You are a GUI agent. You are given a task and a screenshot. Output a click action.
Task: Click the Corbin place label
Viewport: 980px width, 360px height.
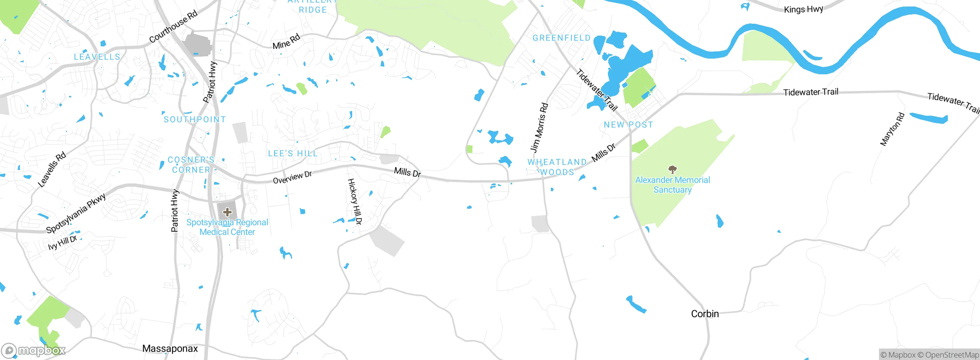[705, 314]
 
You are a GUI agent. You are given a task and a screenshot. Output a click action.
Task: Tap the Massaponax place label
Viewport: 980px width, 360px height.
[170, 349]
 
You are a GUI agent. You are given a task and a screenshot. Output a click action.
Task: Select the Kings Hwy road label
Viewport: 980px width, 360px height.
[803, 9]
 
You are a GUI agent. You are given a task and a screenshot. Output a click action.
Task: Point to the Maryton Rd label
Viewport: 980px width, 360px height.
[892, 129]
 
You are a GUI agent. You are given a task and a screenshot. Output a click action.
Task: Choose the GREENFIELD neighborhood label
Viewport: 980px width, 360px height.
[562, 38]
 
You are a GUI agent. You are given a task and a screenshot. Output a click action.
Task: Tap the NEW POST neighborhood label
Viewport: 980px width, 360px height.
[628, 125]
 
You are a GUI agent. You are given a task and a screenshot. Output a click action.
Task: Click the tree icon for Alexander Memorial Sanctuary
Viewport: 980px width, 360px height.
[672, 169]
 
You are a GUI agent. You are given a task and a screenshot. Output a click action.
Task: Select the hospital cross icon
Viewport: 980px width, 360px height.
[227, 212]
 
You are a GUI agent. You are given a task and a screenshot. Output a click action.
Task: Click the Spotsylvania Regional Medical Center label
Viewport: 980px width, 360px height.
[227, 227]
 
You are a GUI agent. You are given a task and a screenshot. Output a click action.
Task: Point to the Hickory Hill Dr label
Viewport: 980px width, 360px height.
[354, 201]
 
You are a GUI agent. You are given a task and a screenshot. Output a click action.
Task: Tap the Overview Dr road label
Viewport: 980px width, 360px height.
[292, 177]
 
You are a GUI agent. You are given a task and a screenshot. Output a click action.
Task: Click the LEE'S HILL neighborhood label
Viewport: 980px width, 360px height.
[293, 154]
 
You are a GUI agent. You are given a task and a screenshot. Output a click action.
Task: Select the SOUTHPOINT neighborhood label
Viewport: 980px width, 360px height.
[195, 119]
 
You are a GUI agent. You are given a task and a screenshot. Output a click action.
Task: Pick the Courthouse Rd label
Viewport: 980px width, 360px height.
[173, 26]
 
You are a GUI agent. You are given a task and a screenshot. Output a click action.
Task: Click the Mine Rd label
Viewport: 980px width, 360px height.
[286, 42]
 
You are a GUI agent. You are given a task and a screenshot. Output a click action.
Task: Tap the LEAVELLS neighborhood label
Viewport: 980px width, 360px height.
[97, 57]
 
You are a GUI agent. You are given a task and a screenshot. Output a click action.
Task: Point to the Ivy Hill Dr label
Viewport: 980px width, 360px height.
[62, 242]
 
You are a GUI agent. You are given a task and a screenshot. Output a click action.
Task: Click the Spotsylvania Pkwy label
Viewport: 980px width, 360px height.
[76, 213]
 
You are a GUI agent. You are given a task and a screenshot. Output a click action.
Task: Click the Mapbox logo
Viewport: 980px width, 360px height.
[33, 350]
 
